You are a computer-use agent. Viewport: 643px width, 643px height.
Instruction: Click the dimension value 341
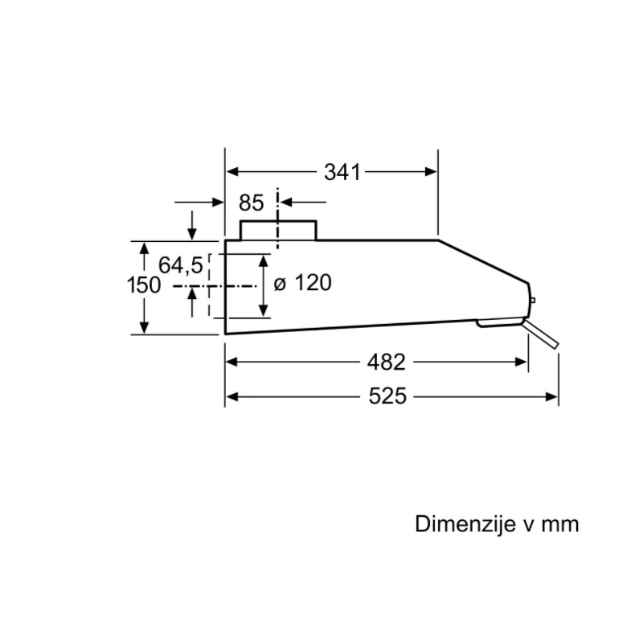tap(342, 172)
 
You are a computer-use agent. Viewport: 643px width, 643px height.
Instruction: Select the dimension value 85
tap(252, 203)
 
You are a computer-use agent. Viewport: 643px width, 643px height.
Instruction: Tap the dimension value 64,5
tap(181, 265)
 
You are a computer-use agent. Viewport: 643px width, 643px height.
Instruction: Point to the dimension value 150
tap(144, 285)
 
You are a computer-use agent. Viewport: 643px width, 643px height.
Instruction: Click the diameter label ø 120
tap(303, 283)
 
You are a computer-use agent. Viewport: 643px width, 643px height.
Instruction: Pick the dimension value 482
tap(387, 362)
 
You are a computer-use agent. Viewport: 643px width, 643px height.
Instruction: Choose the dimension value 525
tap(387, 396)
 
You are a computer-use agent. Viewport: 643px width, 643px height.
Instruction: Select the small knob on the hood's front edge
tap(532, 300)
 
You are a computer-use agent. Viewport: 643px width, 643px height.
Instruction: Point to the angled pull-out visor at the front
tap(541, 334)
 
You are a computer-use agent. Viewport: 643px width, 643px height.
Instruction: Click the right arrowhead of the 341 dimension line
tap(432, 172)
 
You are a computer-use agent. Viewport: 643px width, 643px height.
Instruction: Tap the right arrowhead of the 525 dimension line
tap(551, 397)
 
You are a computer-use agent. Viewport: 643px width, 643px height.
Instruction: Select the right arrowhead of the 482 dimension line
tap(521, 362)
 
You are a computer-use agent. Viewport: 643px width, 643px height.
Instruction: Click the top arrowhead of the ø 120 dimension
tap(264, 260)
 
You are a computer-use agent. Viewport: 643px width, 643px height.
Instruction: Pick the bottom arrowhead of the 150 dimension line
tap(144, 328)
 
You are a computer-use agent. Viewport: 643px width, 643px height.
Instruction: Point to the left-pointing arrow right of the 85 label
tap(303, 203)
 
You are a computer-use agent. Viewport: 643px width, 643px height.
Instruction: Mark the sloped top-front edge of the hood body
tap(483, 261)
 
